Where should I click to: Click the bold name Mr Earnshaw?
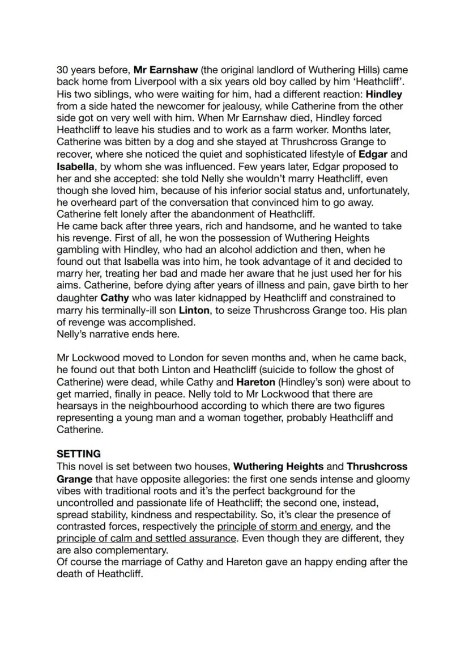[165, 70]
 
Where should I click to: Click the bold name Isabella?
[78, 166]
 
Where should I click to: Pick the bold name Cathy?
[115, 298]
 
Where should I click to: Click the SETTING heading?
[79, 454]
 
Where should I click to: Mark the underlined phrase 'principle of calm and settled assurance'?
[146, 538]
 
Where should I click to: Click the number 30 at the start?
[62, 70]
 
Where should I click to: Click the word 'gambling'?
[80, 249]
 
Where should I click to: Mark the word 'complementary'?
[117, 550]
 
